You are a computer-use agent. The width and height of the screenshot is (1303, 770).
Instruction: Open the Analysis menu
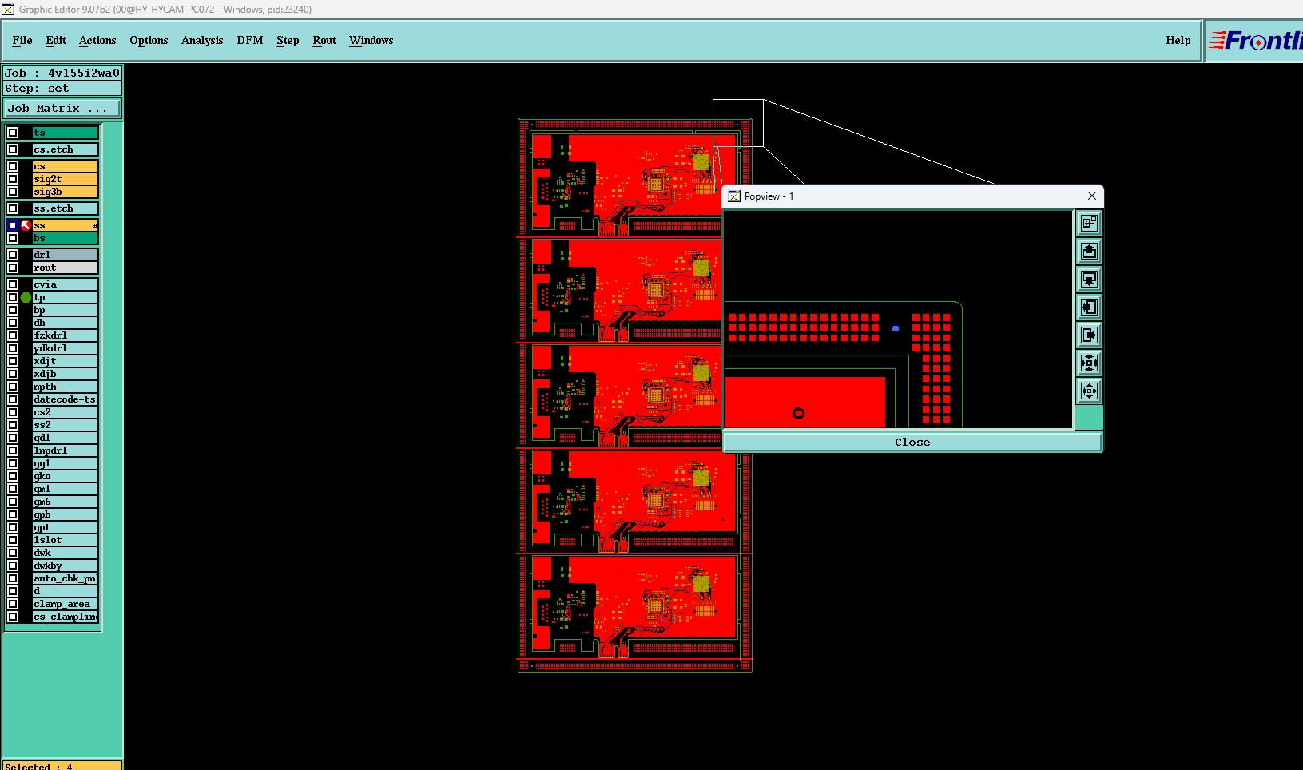201,40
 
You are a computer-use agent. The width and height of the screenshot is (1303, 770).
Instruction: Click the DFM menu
249,40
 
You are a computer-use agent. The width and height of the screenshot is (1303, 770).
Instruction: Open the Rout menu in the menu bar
324,40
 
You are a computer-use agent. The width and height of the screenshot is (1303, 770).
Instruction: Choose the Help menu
1178,40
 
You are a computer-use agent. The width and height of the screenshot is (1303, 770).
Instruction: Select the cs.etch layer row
65,149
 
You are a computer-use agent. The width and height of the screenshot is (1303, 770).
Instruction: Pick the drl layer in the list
65,255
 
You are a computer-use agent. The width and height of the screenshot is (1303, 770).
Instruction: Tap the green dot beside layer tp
26,297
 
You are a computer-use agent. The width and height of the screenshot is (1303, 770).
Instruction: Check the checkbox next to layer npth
13,387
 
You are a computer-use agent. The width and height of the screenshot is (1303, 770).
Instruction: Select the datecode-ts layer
65,399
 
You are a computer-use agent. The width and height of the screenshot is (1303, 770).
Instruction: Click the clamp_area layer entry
65,604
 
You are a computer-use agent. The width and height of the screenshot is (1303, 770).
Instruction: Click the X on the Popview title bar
1092,196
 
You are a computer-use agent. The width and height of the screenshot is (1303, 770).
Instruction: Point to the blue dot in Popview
896,328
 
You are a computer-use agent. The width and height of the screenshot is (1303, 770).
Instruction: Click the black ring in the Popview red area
798,413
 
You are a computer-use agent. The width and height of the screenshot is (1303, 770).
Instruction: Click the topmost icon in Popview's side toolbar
1089,224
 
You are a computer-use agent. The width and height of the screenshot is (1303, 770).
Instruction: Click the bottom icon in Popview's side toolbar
1089,391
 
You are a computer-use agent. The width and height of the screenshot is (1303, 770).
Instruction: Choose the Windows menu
371,40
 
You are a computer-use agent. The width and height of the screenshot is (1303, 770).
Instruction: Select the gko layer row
65,476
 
